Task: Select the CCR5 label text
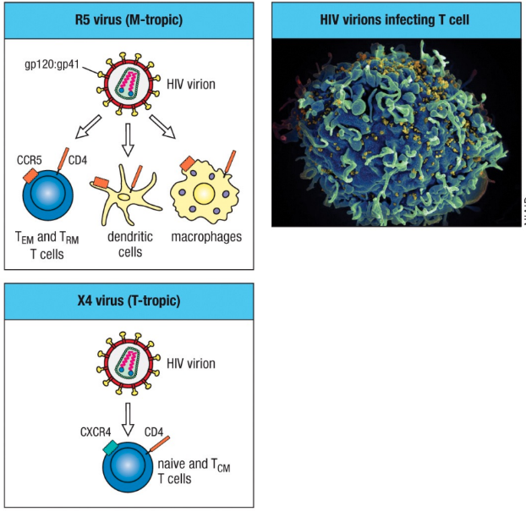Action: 30,158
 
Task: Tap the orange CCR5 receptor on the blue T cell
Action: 28,174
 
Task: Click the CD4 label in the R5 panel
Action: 78,158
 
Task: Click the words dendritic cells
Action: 129,244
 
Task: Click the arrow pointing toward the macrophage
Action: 165,128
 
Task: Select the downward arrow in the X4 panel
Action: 128,418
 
